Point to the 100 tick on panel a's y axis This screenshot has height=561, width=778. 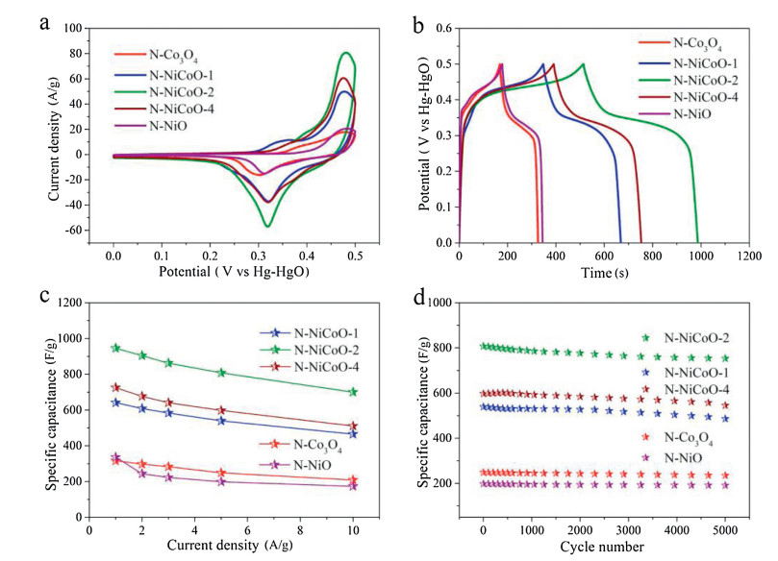pos(74,29)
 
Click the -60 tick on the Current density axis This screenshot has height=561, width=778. pos(74,231)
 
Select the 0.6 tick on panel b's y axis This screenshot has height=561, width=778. pos(441,29)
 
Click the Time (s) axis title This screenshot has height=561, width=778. pos(603,273)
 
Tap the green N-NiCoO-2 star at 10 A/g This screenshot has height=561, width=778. pos(353,392)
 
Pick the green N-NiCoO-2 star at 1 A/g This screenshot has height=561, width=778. pos(116,348)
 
